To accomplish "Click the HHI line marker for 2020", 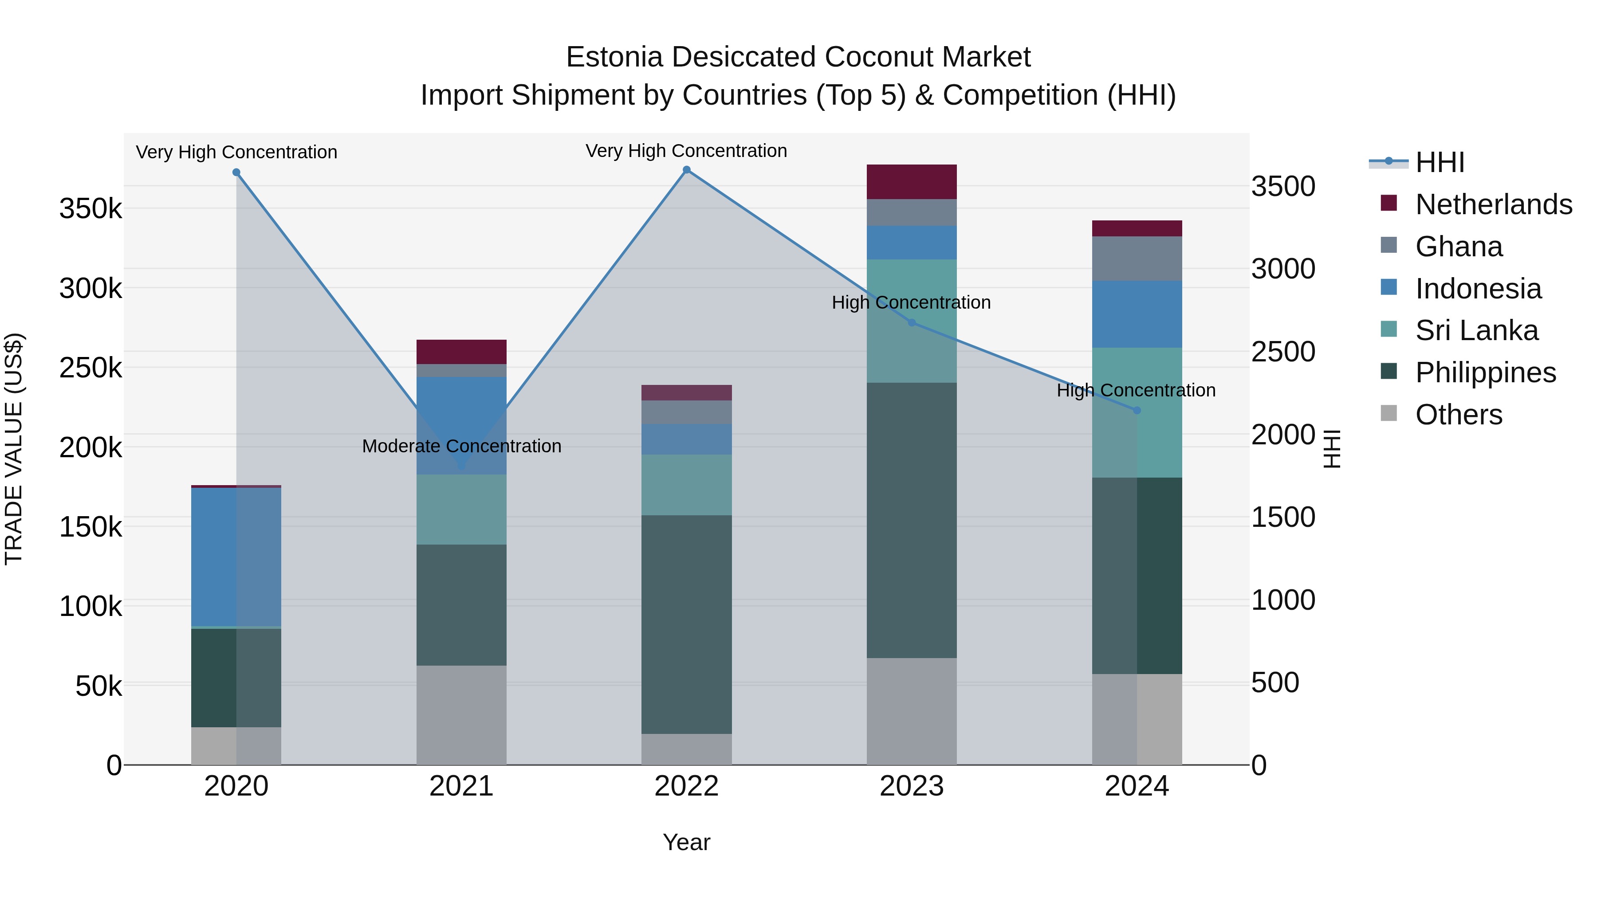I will click(x=236, y=173).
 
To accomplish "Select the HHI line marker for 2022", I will click(x=686, y=170).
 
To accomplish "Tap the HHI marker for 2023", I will click(x=911, y=323).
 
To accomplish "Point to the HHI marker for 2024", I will click(x=1137, y=410).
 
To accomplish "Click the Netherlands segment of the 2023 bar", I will click(x=911, y=181).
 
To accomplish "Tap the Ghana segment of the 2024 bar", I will click(x=1137, y=259).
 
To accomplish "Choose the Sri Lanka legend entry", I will click(x=1476, y=330).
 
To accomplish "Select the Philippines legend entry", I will click(x=1485, y=373).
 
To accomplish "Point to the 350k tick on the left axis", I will click(x=90, y=209).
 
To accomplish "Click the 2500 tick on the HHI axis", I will click(x=1282, y=352).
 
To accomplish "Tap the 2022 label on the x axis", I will click(x=686, y=786).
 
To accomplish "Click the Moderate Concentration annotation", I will click(x=461, y=446).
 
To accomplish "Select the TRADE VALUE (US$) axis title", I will click(x=14, y=449).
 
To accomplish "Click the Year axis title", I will click(x=686, y=842).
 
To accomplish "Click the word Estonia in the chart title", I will click(x=614, y=57).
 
